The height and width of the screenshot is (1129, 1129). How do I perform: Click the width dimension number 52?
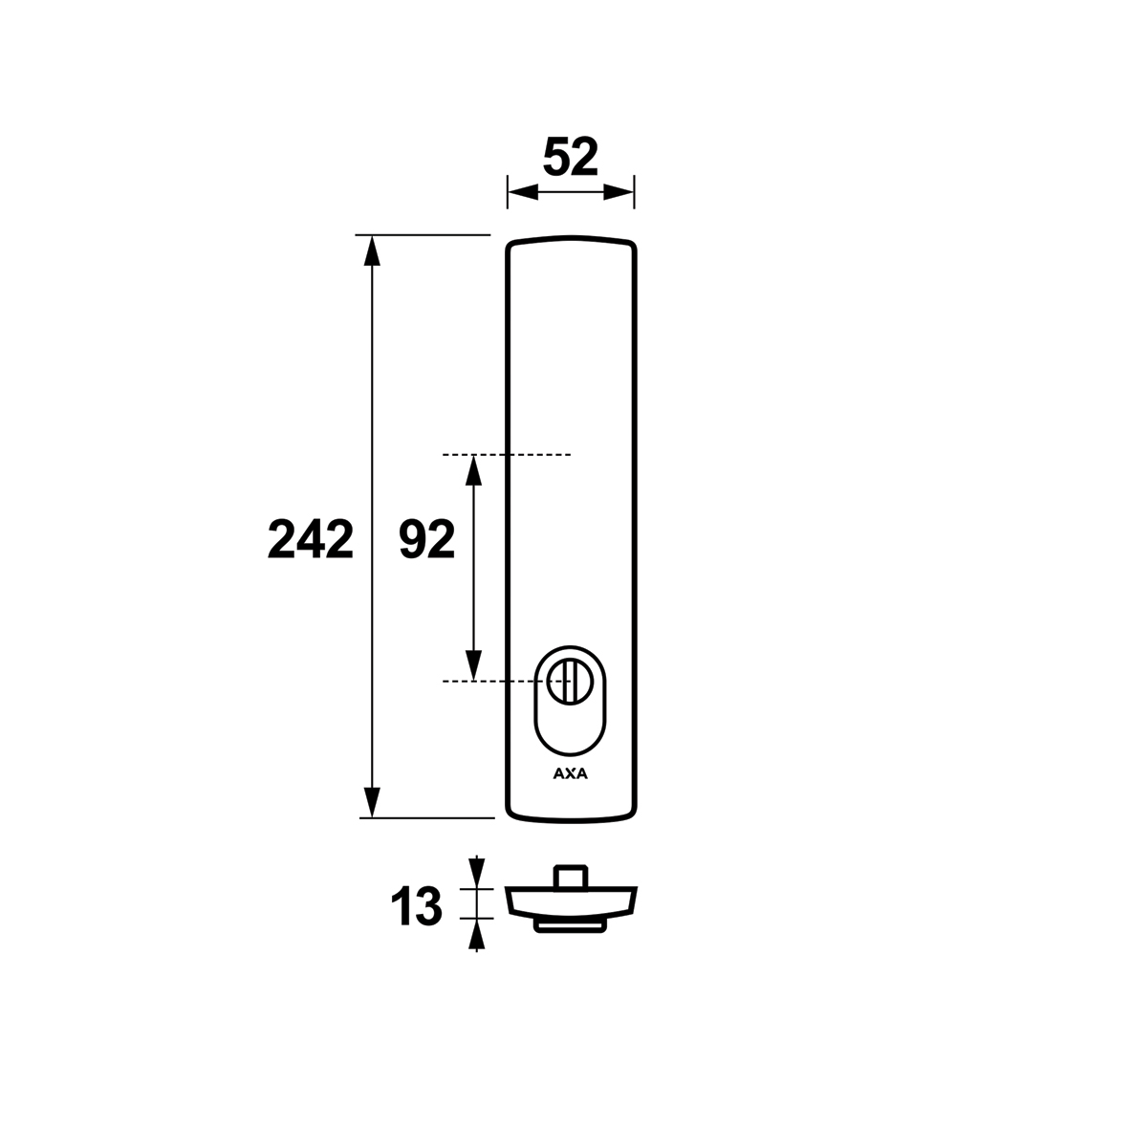(571, 158)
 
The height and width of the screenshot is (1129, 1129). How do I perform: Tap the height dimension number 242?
(311, 539)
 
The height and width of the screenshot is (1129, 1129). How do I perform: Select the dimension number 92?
(427, 539)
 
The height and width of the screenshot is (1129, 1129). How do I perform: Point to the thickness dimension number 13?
(416, 906)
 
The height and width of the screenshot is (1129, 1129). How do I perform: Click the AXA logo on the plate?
(571, 774)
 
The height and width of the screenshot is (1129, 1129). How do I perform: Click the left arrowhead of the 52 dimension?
(523, 192)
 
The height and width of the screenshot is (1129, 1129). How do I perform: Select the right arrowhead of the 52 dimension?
(619, 192)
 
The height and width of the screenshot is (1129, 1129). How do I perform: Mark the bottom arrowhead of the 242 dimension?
(372, 803)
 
